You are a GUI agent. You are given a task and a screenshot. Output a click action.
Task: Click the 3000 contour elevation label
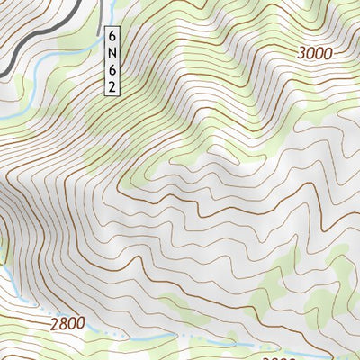pos(315,54)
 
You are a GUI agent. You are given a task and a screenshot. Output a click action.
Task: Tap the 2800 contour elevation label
pos(67,322)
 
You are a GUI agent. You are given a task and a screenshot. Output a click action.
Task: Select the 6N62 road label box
pos(112,61)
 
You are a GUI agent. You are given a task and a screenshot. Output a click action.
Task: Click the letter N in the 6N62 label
pos(112,53)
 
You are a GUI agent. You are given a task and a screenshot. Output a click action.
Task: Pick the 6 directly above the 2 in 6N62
pos(112,69)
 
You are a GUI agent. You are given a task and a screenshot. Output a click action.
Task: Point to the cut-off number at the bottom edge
pos(283,356)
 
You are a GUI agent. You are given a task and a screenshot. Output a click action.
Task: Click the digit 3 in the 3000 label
pos(301,54)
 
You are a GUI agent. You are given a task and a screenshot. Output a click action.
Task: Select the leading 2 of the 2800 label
pos(54,322)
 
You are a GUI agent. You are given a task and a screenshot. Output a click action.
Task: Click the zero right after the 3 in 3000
pos(310,54)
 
